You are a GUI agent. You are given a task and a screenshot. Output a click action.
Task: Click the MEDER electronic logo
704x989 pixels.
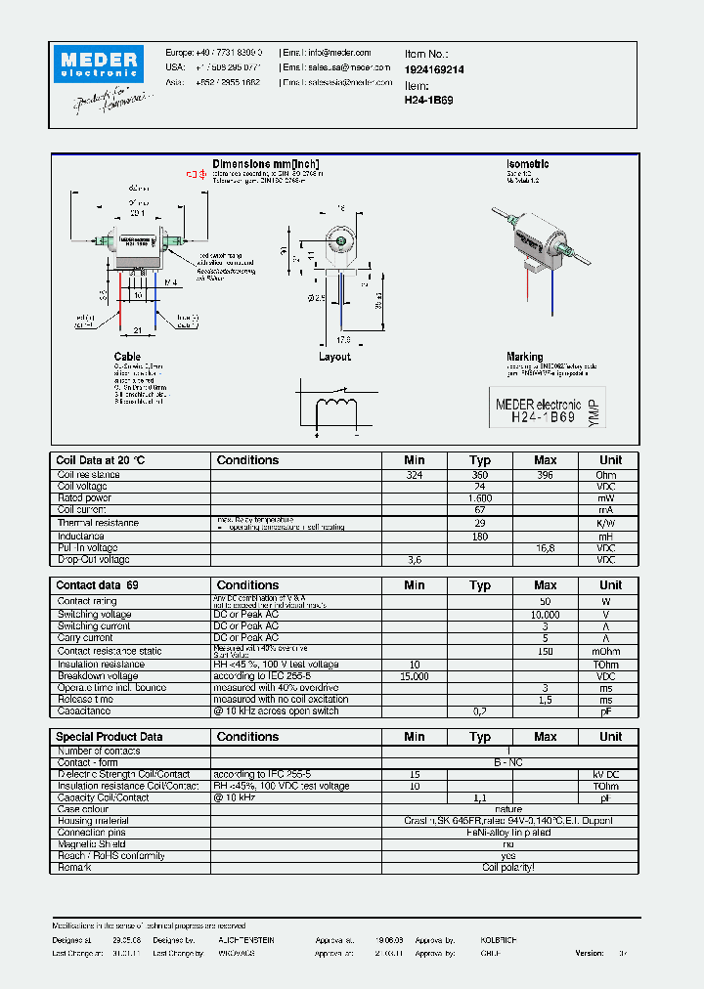(100, 64)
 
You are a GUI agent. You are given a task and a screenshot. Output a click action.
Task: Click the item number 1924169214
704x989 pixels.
(434, 70)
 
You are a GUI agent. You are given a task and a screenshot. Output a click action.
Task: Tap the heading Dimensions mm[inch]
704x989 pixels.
(266, 163)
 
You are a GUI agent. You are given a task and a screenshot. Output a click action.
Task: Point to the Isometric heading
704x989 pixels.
(527, 164)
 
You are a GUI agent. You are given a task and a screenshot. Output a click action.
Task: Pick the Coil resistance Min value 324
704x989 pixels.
(415, 475)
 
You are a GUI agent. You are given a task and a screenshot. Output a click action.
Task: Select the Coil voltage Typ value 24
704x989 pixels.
(479, 487)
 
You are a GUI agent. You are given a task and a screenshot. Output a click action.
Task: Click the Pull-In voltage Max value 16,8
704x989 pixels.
(545, 548)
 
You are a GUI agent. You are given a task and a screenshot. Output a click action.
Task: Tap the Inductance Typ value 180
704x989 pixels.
(479, 537)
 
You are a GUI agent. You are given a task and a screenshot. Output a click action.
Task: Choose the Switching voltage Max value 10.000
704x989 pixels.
(545, 615)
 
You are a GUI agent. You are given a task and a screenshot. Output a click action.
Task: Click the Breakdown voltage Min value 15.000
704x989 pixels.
(415, 676)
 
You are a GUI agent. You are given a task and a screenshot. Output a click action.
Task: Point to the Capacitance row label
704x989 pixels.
(86, 711)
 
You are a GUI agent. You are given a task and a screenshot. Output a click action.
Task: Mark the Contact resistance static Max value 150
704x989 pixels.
(545, 651)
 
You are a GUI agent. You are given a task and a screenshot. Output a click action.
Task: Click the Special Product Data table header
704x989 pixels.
(110, 737)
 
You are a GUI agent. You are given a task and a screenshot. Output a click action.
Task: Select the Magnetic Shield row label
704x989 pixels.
(91, 844)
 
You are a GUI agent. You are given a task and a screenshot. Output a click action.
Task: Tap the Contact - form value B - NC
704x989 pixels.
(508, 762)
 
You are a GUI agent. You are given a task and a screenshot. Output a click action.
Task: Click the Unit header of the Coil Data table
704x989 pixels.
(610, 460)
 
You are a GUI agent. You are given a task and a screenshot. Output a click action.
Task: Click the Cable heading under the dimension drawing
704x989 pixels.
(127, 357)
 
